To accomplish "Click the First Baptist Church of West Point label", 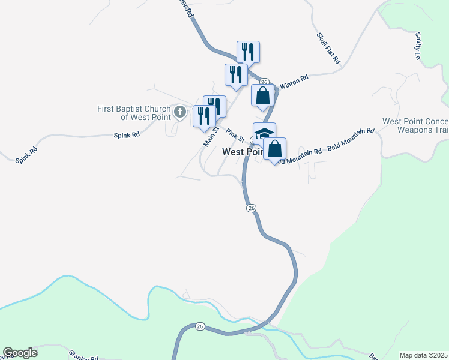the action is [x=134, y=113].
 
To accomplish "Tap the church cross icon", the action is [x=179, y=112].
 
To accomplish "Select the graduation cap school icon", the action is [x=264, y=133].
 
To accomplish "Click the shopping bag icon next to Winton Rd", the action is [x=263, y=95].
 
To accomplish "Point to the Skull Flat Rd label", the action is [x=328, y=47].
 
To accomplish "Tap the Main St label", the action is [x=209, y=137].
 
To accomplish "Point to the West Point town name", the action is [x=242, y=152].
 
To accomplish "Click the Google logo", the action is [x=20, y=353].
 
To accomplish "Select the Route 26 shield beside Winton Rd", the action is [x=264, y=82].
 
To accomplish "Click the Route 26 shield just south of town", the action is [x=251, y=208].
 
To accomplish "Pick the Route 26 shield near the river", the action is [x=200, y=326].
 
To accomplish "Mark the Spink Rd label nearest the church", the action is [x=127, y=135].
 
